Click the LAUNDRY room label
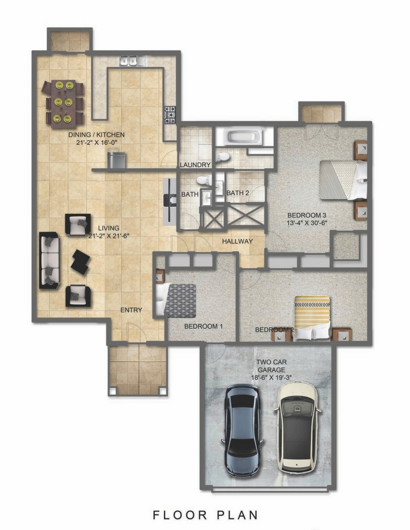195,165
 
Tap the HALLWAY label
238,241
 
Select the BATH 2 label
238,193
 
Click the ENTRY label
131,310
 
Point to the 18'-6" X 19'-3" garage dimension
271,377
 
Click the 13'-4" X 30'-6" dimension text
307,223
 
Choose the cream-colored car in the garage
297,427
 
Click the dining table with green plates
63,104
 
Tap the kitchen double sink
129,61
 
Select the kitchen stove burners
170,114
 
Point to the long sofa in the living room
49,260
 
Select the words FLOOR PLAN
206,515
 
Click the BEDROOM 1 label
203,327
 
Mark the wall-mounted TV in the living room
169,201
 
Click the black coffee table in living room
80,262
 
